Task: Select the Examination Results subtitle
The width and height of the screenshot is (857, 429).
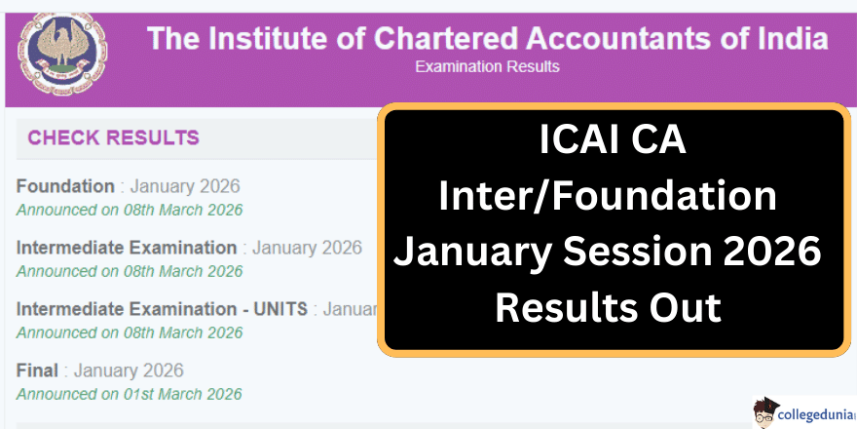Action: point(487,66)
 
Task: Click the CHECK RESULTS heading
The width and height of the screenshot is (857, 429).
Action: point(113,137)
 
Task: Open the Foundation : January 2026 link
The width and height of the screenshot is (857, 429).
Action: point(128,186)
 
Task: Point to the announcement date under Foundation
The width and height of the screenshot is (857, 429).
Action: point(130,210)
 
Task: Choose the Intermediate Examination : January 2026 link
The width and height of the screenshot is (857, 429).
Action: point(189,248)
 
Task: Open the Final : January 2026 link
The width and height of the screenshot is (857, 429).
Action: point(99,370)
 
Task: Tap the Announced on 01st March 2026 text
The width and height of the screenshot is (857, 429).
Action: point(130,394)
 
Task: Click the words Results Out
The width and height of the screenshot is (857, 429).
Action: point(608,308)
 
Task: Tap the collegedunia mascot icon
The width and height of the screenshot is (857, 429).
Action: point(767,412)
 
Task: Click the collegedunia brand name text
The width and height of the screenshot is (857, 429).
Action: point(818,414)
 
